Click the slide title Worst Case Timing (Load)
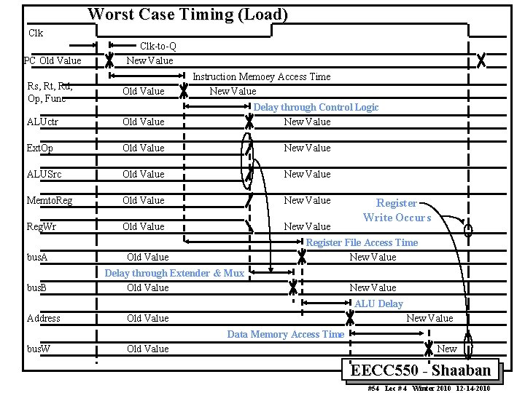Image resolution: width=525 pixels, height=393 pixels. click(187, 14)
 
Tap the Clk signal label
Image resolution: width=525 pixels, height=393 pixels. click(36, 33)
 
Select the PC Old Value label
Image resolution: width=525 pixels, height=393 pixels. click(52, 60)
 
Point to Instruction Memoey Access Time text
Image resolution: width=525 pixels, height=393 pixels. click(261, 76)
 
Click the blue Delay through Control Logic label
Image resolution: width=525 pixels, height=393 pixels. click(316, 107)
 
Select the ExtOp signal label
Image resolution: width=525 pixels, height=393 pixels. click(40, 148)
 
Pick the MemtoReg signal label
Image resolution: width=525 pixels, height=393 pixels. click(50, 200)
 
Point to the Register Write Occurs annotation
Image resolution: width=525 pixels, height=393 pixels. click(397, 210)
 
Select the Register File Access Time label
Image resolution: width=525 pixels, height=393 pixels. click(362, 242)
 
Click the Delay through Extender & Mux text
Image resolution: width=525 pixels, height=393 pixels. click(174, 273)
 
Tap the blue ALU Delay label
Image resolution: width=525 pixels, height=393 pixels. click(378, 303)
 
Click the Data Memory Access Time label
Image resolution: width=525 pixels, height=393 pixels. click(285, 334)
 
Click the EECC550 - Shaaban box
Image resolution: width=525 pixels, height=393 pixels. click(421, 370)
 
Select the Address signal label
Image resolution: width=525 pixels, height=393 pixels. click(44, 318)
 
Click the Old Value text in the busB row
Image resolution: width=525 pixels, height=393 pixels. click(147, 287)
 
